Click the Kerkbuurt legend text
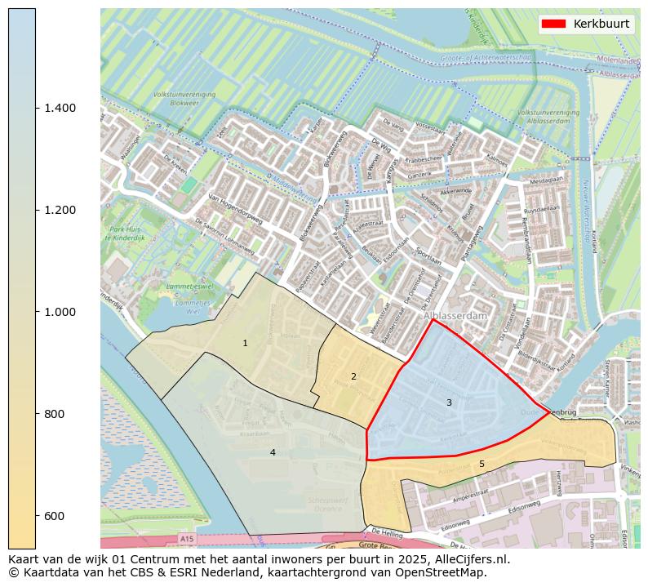pyautogui.click(x=601, y=24)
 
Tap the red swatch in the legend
pyautogui.click(x=554, y=24)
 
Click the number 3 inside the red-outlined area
pyautogui.click(x=449, y=402)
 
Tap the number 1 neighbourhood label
pyautogui.click(x=245, y=344)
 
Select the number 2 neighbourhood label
pyautogui.click(x=353, y=376)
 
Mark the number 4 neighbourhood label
pyautogui.click(x=273, y=452)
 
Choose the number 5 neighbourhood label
pyautogui.click(x=482, y=464)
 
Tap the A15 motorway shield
pyautogui.click(x=188, y=539)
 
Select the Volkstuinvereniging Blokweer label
pyautogui.click(x=184, y=100)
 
